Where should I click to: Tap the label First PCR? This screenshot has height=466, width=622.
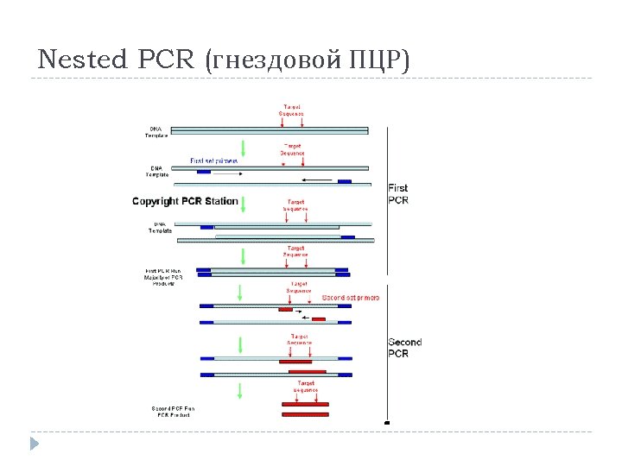tap(398, 193)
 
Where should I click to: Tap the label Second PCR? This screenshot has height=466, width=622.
tap(404, 348)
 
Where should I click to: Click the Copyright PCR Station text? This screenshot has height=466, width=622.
tap(185, 201)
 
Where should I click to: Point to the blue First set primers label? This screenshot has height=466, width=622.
tap(213, 161)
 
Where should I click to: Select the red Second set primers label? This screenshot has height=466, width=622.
tap(350, 298)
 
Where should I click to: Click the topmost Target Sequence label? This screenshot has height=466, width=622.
tap(291, 110)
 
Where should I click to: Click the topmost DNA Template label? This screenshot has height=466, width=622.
tap(156, 131)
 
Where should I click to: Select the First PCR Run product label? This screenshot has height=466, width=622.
tap(163, 276)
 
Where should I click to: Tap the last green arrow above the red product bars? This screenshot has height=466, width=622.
tap(240, 390)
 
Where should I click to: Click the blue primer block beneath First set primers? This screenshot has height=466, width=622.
tap(204, 172)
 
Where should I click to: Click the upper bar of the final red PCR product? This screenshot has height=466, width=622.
tap(305, 404)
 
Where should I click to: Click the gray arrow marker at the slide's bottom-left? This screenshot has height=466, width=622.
tap(34, 444)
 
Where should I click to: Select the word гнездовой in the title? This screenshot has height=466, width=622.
tap(276, 60)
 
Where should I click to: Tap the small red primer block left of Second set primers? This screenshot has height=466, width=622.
tap(285, 309)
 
